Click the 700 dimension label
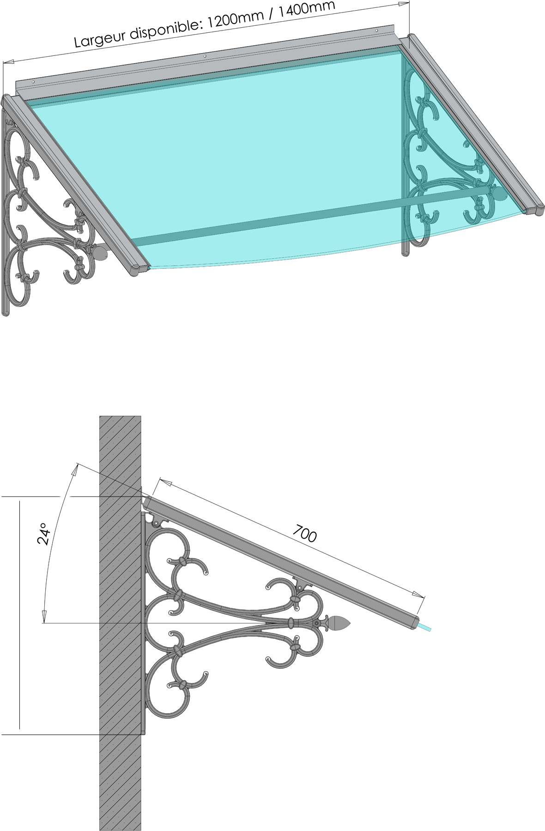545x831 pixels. tap(305, 534)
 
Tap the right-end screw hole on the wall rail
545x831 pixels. tap(377, 31)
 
